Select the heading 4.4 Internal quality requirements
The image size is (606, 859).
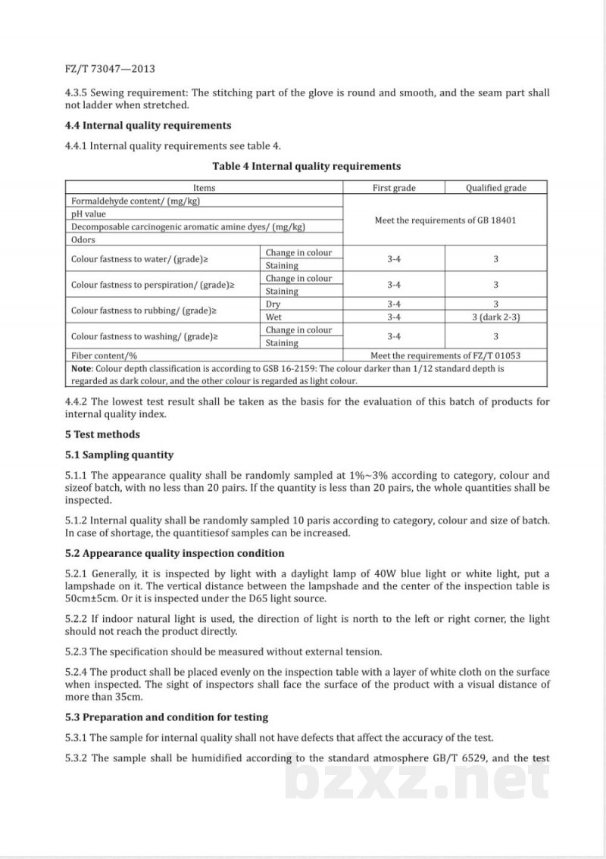pos(148,125)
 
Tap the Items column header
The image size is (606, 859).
pos(204,188)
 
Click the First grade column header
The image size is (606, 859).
pos(394,188)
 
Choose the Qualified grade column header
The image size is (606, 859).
pos(495,188)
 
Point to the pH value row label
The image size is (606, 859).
pos(89,214)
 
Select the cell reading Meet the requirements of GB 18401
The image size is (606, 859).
pos(445,220)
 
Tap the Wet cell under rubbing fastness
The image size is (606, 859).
pos(273,317)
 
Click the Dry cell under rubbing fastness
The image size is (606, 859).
pos(273,305)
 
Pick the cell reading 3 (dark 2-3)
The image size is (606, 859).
pos(495,317)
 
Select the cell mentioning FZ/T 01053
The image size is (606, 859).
pos(445,355)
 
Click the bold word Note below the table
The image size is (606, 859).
pos(81,369)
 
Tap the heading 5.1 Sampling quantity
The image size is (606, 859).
pos(120,455)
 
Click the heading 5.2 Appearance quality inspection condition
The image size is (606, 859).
pos(175,554)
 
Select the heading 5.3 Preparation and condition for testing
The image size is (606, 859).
pos(167,717)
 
